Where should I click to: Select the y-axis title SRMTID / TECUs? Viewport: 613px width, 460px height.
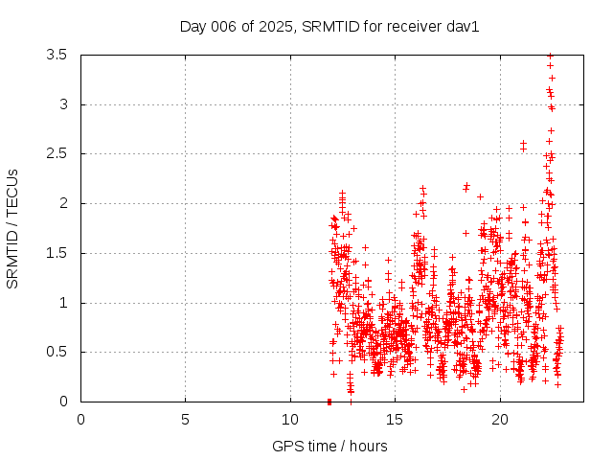click(13, 228)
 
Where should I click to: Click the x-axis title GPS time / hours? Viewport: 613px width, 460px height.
click(329, 446)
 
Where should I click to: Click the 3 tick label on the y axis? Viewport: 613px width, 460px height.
click(63, 104)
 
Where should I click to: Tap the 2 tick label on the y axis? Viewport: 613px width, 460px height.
click(63, 203)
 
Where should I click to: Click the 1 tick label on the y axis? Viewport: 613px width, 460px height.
click(63, 303)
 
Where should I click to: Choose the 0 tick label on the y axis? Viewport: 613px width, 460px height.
click(63, 402)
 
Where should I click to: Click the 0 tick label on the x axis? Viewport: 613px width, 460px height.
click(80, 420)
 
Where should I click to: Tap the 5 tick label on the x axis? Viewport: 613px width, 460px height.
click(186, 420)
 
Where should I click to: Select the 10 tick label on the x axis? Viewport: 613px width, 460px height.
click(290, 420)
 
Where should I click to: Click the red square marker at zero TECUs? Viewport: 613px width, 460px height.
click(329, 402)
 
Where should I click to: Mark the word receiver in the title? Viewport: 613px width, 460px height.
click(384, 26)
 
